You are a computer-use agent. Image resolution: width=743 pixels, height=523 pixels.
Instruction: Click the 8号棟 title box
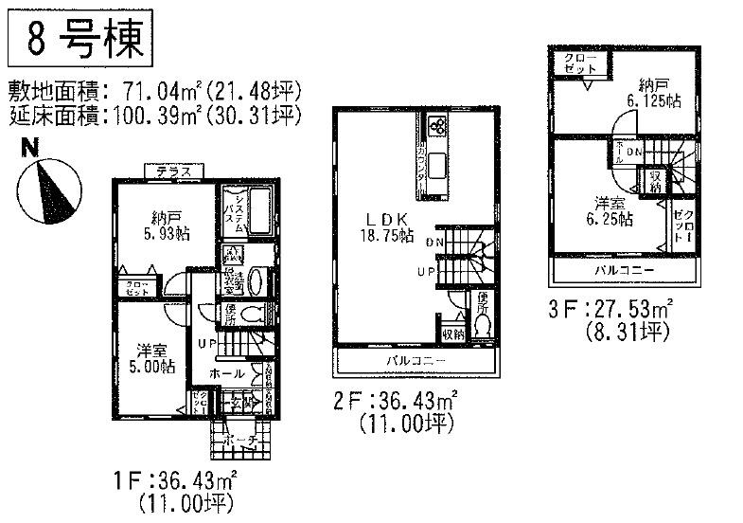[x=80, y=40]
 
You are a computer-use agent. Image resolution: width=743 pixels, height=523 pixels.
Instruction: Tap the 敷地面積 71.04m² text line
[x=153, y=92]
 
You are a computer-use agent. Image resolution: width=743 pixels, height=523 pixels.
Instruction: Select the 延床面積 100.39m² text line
[x=153, y=116]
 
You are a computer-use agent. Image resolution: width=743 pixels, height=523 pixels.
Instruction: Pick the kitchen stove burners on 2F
[x=437, y=126]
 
